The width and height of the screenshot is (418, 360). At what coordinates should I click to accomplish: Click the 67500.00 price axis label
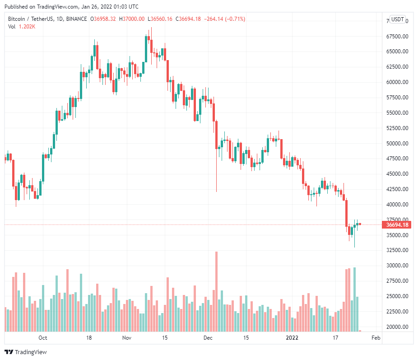point(398,36)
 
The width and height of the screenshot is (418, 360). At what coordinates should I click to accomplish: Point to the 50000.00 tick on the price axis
point(398,143)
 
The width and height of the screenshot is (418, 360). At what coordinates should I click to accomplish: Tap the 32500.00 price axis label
point(398,250)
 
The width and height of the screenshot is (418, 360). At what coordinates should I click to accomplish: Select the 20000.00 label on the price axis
point(398,327)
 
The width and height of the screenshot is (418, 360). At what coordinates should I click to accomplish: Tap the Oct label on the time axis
point(43,338)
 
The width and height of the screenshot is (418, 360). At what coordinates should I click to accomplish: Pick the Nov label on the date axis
point(126,338)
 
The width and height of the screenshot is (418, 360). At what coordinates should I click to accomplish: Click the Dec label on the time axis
point(208,338)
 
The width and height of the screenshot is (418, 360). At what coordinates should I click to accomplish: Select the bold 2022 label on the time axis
point(293,338)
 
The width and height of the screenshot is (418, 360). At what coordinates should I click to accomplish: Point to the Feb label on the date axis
point(376,338)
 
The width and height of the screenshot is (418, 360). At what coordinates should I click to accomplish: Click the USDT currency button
point(398,19)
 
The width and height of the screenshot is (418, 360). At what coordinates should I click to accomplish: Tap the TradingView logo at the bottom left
point(26,352)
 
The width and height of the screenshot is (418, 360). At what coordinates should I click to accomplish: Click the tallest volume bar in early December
point(217,291)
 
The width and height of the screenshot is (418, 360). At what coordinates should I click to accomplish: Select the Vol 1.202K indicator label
point(22,27)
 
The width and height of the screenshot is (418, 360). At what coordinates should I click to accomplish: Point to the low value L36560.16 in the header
point(161,19)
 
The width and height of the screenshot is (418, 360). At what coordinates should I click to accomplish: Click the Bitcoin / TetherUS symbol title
point(32,19)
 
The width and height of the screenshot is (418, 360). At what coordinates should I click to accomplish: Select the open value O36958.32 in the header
point(103,19)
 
